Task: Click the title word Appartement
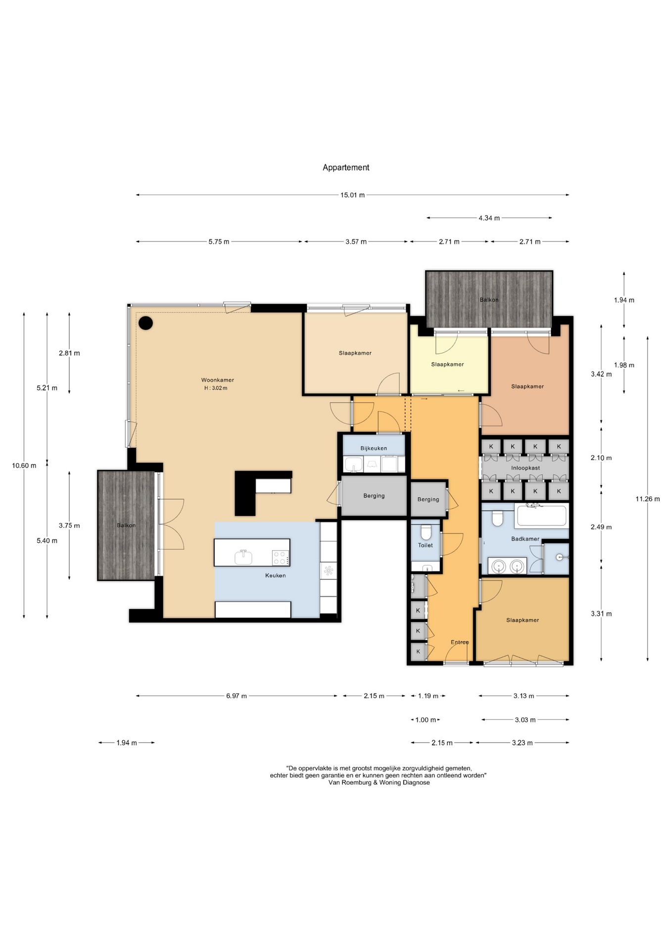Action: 346,168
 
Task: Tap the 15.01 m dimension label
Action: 352,195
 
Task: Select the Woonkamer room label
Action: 218,380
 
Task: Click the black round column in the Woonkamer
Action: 145,323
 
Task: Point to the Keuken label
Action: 276,575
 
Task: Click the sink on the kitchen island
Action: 243,557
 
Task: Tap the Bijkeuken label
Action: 374,448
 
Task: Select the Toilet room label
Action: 426,545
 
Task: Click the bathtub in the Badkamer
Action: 541,515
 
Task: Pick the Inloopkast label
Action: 526,468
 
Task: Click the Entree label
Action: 460,642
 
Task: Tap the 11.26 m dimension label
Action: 648,499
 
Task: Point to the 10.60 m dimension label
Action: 24,466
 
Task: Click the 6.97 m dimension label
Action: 237,696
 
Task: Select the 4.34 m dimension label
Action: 489,218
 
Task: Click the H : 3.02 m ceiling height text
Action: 216,388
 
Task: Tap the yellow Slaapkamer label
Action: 447,364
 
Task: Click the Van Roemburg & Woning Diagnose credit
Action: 379,782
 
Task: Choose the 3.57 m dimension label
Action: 356,241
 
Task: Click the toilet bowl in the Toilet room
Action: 426,532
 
